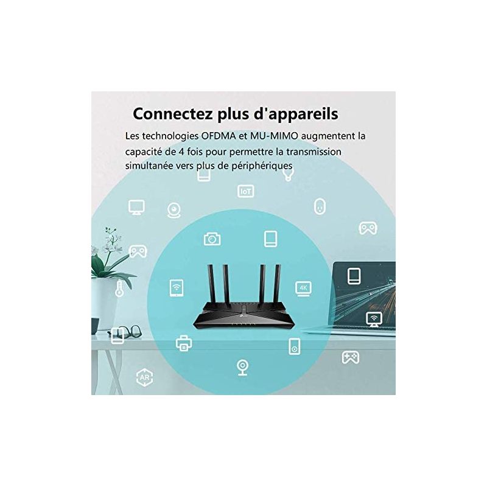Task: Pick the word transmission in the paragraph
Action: (x=314, y=152)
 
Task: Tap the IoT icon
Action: (x=246, y=191)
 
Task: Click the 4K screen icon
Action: (x=303, y=289)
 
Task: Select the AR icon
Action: (x=144, y=377)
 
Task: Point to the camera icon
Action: (x=212, y=239)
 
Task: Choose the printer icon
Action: (x=184, y=343)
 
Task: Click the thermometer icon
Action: (x=119, y=289)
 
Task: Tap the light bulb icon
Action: (x=288, y=175)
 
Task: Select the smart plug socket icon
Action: (x=320, y=206)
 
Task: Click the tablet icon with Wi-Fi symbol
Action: (x=177, y=288)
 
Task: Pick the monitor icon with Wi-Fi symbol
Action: (x=374, y=319)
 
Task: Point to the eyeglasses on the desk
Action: (x=126, y=331)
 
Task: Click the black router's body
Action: (x=243, y=316)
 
